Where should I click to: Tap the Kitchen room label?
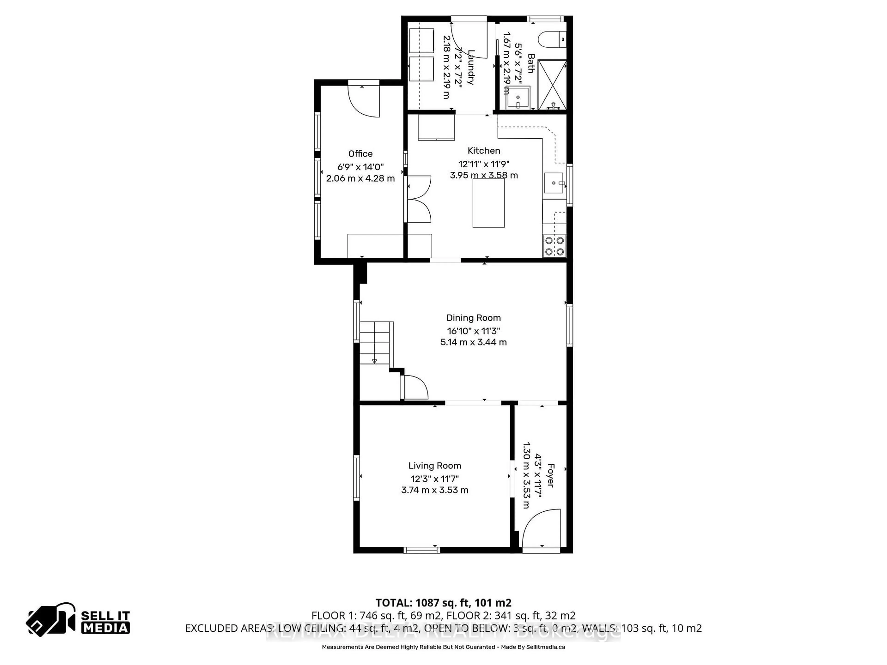[x=484, y=151]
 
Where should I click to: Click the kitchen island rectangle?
[x=488, y=203]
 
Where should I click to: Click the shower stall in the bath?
[x=552, y=85]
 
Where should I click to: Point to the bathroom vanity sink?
[x=518, y=97]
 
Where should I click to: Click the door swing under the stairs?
[x=415, y=387]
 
